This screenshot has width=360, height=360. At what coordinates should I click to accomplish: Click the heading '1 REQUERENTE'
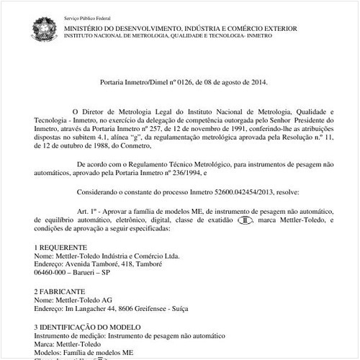click(x=63, y=247)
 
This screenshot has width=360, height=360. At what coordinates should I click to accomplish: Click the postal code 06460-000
click(x=54, y=274)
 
